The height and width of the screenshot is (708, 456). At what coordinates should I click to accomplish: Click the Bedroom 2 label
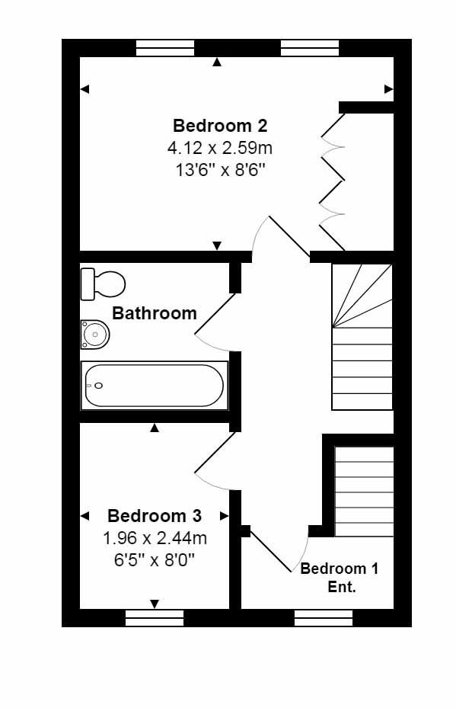click(220, 126)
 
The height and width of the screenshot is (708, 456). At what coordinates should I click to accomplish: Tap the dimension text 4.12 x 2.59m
click(220, 147)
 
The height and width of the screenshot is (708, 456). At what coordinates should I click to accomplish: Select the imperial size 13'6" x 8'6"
click(220, 168)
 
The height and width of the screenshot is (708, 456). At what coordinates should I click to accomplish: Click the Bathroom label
click(155, 313)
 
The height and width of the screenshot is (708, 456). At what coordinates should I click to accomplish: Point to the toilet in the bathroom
click(102, 284)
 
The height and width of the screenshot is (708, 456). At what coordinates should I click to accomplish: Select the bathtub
click(155, 386)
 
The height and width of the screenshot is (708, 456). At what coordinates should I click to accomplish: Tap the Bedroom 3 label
click(155, 516)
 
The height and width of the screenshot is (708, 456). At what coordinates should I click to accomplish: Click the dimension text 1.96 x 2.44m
click(155, 538)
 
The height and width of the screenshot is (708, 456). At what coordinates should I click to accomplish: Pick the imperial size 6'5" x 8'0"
click(155, 559)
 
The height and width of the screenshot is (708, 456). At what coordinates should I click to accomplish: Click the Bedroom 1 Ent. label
click(340, 578)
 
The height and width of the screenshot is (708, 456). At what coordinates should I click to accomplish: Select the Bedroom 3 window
click(155, 617)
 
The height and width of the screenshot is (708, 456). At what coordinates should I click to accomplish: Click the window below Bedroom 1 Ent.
click(324, 617)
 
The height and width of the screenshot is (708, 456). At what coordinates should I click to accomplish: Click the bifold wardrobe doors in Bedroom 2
click(332, 181)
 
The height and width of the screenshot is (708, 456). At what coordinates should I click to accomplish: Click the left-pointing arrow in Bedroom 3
click(85, 516)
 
